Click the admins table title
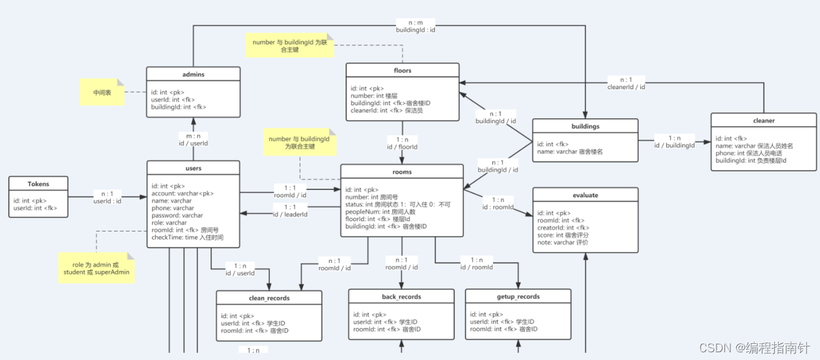193,74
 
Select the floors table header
403,70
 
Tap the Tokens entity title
38,184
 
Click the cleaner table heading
764,120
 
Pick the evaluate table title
585,195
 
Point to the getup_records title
518,297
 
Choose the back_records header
401,297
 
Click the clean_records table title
269,298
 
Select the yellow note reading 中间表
102,92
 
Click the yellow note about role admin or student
96,268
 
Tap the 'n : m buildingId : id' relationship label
415,26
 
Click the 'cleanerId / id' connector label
626,87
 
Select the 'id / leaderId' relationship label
290,215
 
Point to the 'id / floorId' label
402,147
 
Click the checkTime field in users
187,237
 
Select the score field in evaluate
563,235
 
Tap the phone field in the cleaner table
749,153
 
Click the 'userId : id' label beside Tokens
107,202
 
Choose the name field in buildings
570,152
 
